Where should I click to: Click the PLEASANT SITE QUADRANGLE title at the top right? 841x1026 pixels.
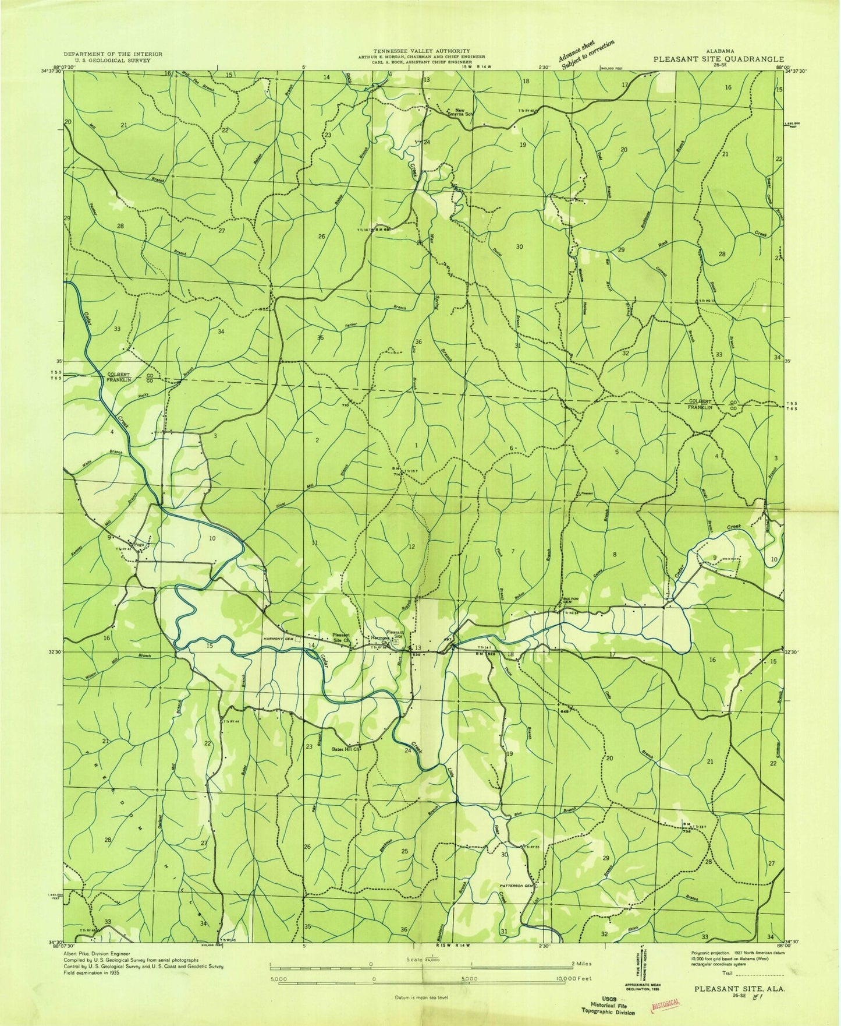click(x=718, y=59)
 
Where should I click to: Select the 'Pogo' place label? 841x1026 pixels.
click(x=139, y=545)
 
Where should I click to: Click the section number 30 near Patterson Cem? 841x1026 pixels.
click(x=504, y=854)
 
